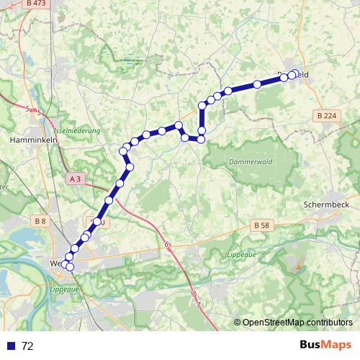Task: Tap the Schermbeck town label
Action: point(327,204)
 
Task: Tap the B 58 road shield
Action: point(262,225)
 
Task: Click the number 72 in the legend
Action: point(27,346)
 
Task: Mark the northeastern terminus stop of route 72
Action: point(294,73)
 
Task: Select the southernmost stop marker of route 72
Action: point(69,268)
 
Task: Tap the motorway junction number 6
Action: point(167,246)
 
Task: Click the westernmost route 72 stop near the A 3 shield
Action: point(122,150)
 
